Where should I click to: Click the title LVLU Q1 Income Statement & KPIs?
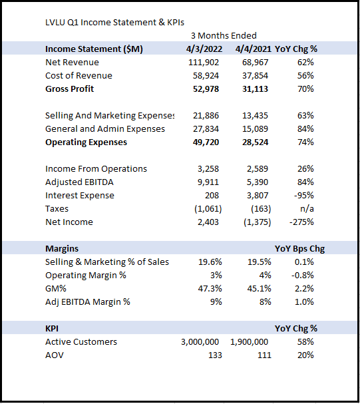[x=114, y=23]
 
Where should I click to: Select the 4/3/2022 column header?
[x=204, y=49]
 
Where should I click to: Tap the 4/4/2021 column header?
[x=253, y=49]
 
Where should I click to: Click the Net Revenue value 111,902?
[x=204, y=63]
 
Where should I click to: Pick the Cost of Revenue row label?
[x=79, y=75]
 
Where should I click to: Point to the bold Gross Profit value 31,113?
[x=255, y=89]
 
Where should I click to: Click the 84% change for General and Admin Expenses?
[x=305, y=129]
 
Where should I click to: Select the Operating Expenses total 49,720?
[x=206, y=142]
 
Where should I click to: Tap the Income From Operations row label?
[x=96, y=169]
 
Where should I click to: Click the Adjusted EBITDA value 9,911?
[x=208, y=182]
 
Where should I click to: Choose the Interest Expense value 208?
[x=212, y=195]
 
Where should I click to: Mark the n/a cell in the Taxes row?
[x=307, y=209]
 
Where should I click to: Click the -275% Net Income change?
[x=301, y=222]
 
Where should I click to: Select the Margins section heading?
[x=62, y=249]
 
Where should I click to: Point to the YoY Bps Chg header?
[x=299, y=249]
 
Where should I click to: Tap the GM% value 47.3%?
[x=210, y=289]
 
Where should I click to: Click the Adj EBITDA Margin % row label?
[x=88, y=302]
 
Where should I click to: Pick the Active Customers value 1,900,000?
[x=250, y=342]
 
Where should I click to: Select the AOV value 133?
[x=215, y=355]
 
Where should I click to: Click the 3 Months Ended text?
[x=224, y=35]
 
